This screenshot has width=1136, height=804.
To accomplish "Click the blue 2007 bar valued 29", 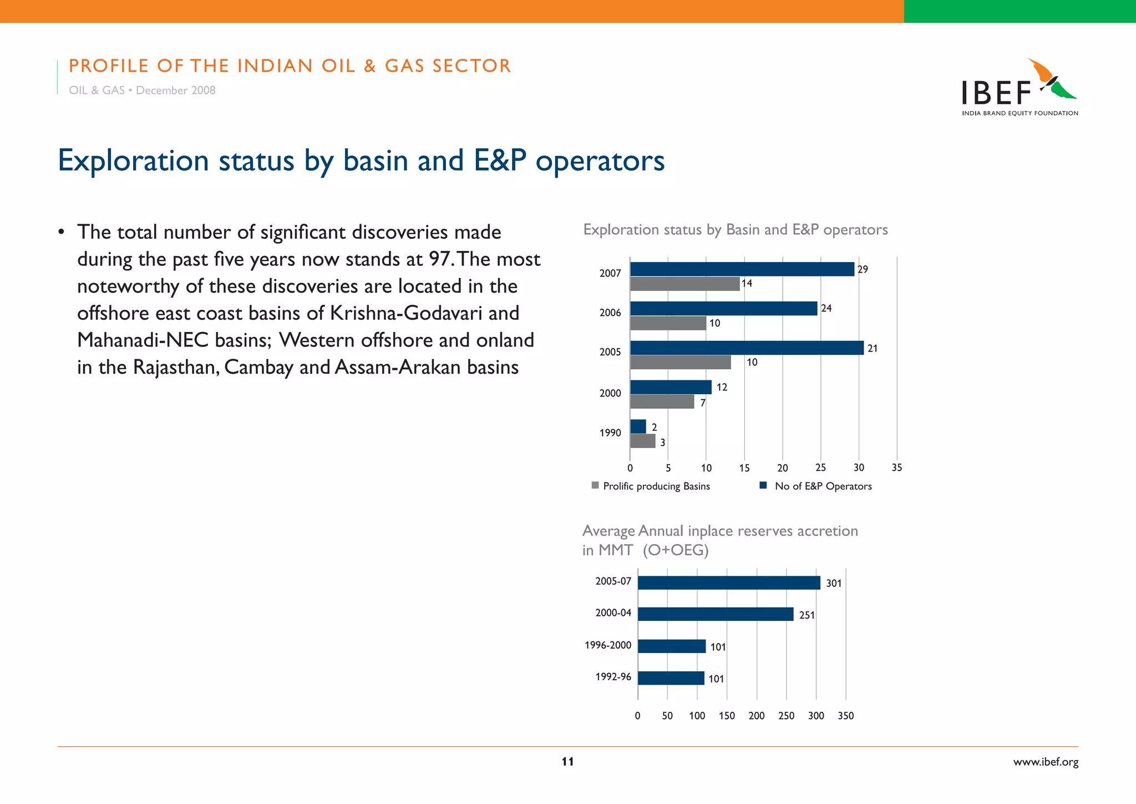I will point(742,269).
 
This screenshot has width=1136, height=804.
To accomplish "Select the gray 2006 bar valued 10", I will point(668,323).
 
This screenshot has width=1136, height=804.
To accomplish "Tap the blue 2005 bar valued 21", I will point(747,348).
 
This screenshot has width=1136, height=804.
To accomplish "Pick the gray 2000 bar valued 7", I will point(662,402).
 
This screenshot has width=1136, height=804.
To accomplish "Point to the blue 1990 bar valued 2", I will point(638,426).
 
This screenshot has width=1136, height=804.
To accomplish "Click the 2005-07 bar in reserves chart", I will point(728,582).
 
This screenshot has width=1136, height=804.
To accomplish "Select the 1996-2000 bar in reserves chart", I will point(671,646).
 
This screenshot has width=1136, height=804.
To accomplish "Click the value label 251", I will point(807,615).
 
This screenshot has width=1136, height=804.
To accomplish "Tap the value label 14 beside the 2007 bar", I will point(747,284).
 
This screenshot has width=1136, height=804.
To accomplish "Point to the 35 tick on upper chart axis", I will point(896,468).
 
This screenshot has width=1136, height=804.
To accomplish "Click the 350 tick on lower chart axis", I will point(845,716).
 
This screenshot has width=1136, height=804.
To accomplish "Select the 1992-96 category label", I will point(613,677).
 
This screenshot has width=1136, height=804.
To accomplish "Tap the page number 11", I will point(567,762).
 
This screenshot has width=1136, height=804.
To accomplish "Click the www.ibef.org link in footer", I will point(1046,762).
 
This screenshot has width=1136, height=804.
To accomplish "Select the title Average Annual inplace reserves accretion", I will point(719,531).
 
